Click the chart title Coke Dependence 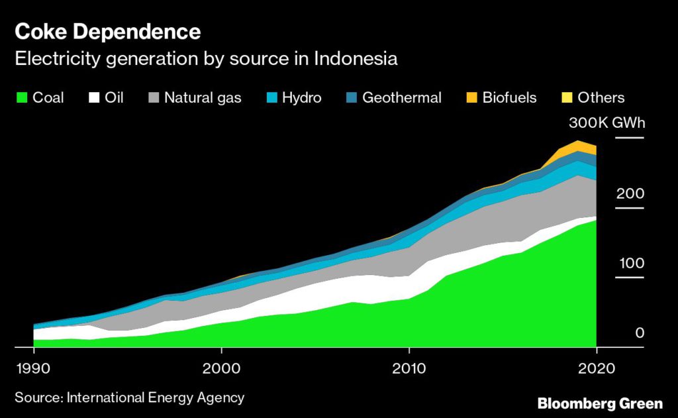pos(108,31)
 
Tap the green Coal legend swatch pos(22,98)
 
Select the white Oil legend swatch pos(95,98)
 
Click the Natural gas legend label pos(203,98)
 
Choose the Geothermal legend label pos(401,98)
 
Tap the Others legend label pos(601,98)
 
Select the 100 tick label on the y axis pos(632,264)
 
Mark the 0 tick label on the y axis pos(640,333)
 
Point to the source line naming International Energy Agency pos(130,398)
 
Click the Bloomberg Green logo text pos(600,403)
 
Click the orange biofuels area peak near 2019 pos(578,146)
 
